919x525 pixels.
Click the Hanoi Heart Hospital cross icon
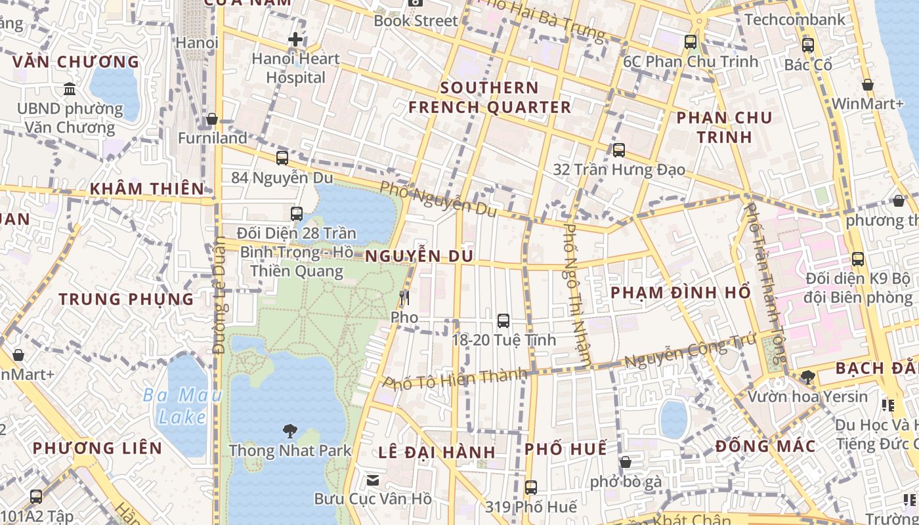(x=295, y=39)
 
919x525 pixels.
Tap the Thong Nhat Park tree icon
(x=289, y=431)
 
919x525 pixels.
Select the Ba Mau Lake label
(x=182, y=406)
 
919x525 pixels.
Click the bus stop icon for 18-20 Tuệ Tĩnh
(x=503, y=321)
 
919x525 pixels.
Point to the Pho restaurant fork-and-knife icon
(x=404, y=298)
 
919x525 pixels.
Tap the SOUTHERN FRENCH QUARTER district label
(x=490, y=97)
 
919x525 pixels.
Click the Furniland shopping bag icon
(x=212, y=119)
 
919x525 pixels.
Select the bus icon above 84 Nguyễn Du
(x=282, y=158)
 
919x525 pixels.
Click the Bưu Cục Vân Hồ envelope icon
(x=373, y=480)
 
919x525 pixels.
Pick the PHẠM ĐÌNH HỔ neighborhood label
(x=681, y=293)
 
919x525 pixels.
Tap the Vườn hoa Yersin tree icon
(x=808, y=377)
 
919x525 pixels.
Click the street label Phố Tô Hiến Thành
(x=455, y=378)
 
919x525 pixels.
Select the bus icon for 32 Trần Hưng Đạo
(x=618, y=150)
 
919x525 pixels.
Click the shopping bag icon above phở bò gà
(x=626, y=462)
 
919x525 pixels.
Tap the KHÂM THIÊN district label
(x=147, y=188)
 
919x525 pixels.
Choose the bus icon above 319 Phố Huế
(x=530, y=488)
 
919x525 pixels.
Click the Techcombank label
(x=795, y=20)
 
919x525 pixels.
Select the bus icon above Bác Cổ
(x=808, y=45)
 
